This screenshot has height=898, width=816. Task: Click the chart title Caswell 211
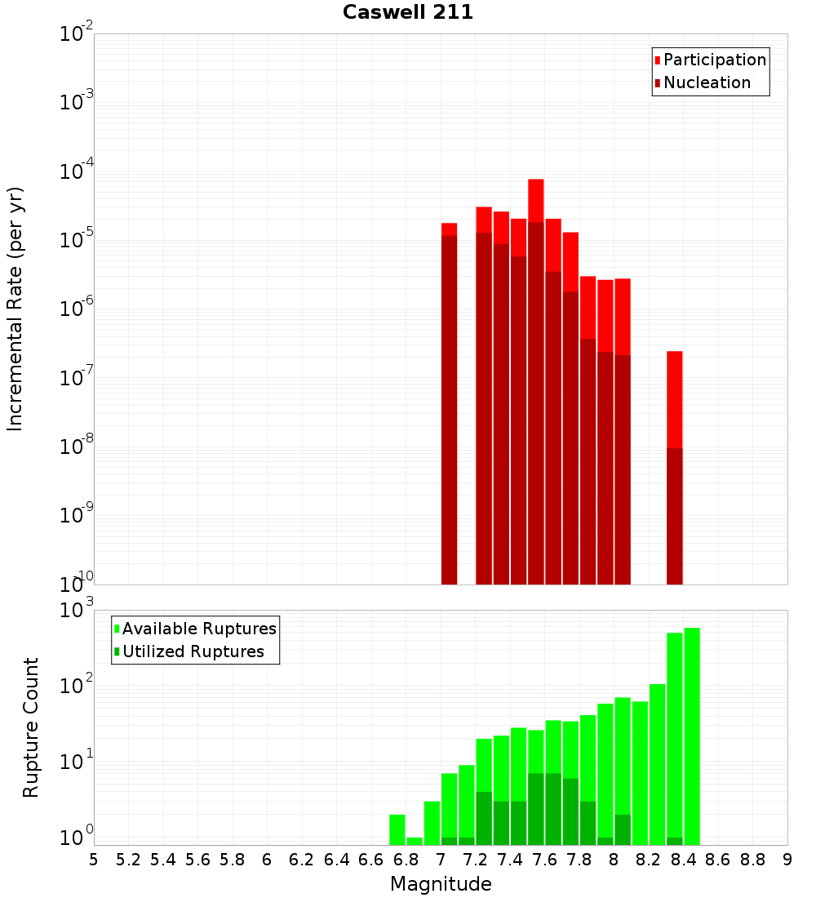click(x=408, y=12)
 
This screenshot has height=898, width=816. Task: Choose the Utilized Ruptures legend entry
click(x=193, y=651)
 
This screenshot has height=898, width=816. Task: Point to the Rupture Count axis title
click(x=31, y=727)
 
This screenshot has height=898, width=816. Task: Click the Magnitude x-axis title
click(x=441, y=883)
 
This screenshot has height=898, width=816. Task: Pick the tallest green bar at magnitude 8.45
click(x=692, y=735)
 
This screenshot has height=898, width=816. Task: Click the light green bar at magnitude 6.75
click(x=397, y=829)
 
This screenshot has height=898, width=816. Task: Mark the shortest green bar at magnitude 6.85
click(x=415, y=841)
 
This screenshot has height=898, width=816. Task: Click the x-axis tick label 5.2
click(x=128, y=859)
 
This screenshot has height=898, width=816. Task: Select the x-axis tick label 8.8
click(x=752, y=859)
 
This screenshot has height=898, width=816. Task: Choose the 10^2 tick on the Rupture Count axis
click(x=77, y=686)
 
